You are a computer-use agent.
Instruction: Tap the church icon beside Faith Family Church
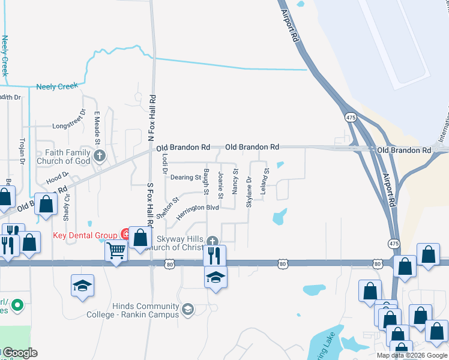point(100,157)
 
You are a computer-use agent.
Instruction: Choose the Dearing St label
point(185,178)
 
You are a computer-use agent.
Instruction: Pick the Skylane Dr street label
point(249,192)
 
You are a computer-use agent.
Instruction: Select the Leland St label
point(263,180)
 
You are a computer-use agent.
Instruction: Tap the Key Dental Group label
point(86,235)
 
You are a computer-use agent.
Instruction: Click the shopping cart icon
point(116,250)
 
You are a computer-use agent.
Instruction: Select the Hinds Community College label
point(133,310)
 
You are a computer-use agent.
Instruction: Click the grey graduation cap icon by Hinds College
point(188,310)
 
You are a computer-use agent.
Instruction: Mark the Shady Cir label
point(67,205)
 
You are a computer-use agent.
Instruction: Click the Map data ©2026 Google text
point(411,355)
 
